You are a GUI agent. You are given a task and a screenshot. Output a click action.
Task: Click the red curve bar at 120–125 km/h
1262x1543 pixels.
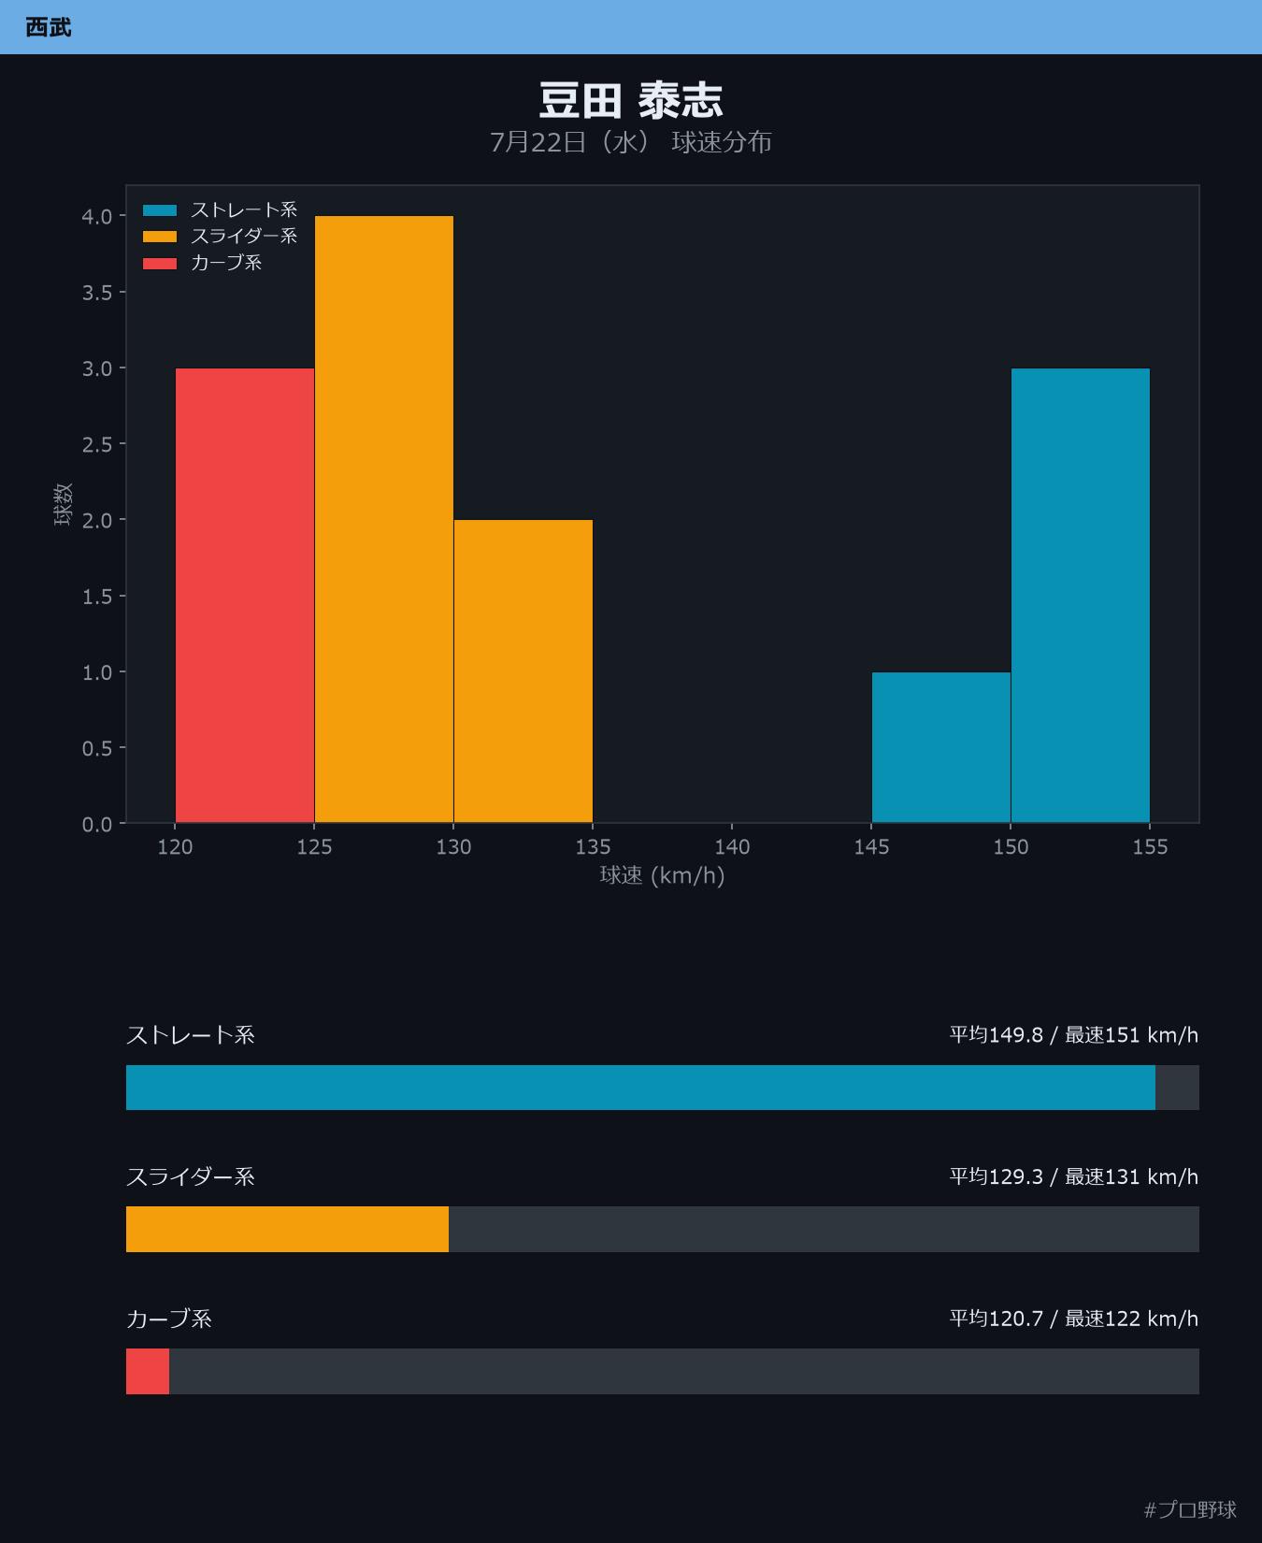pyautogui.click(x=245, y=596)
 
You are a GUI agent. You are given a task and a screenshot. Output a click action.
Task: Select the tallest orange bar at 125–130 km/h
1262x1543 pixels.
pyautogui.click(x=384, y=520)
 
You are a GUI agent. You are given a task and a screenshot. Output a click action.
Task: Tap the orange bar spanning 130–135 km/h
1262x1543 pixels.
pyautogui.click(x=523, y=671)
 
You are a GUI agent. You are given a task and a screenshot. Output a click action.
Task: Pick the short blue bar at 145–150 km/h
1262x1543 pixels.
pyautogui.click(x=941, y=748)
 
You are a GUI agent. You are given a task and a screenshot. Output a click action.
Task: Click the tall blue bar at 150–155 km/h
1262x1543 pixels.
pyautogui.click(x=1081, y=596)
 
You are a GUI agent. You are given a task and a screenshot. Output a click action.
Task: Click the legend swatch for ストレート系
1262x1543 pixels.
pyautogui.click(x=160, y=210)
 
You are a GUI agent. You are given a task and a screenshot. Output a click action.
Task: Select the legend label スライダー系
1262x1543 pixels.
pyautogui.click(x=244, y=237)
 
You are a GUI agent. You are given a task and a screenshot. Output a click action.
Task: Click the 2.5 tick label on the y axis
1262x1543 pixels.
pyautogui.click(x=97, y=444)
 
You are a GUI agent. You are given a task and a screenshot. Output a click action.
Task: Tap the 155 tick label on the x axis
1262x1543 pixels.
pyautogui.click(x=1150, y=846)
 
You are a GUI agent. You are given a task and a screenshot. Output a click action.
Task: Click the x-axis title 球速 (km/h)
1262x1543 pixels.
pyautogui.click(x=662, y=875)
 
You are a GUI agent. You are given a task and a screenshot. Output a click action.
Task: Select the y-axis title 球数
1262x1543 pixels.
pyautogui.click(x=63, y=504)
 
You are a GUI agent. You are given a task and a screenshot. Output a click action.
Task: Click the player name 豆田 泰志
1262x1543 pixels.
pyautogui.click(x=631, y=100)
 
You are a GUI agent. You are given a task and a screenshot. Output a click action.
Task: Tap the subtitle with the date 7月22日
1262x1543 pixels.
pyautogui.click(x=631, y=142)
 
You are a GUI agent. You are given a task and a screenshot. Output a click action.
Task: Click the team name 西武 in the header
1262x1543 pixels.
pyautogui.click(x=49, y=27)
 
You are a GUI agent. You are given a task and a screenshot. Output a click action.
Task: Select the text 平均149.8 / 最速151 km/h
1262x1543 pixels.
pyautogui.click(x=1074, y=1035)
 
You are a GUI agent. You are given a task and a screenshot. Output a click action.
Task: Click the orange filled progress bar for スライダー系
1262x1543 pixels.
pyautogui.click(x=287, y=1229)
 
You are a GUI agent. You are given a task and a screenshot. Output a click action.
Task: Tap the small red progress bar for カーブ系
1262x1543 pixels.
pyautogui.click(x=148, y=1371)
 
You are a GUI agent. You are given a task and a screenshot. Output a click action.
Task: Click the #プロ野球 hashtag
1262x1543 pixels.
pyautogui.click(x=1190, y=1509)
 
